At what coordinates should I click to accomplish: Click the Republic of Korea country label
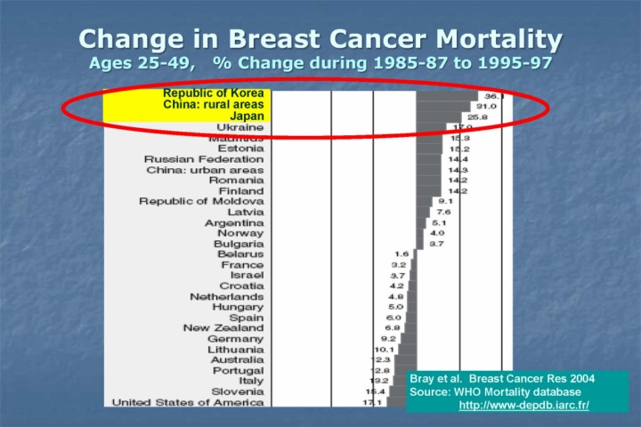213,93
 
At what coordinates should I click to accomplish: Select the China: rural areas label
213,104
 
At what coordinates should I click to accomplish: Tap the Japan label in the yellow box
247,116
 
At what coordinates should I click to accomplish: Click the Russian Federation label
204,159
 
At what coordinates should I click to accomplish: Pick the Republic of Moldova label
201,201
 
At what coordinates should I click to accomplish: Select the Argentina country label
234,222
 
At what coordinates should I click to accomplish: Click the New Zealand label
223,328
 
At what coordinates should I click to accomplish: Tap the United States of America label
187,402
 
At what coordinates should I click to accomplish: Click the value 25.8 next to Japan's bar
479,117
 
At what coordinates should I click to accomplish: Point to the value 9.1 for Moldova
445,201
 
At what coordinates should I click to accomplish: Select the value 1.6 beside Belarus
402,254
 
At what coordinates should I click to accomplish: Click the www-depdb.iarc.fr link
523,406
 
